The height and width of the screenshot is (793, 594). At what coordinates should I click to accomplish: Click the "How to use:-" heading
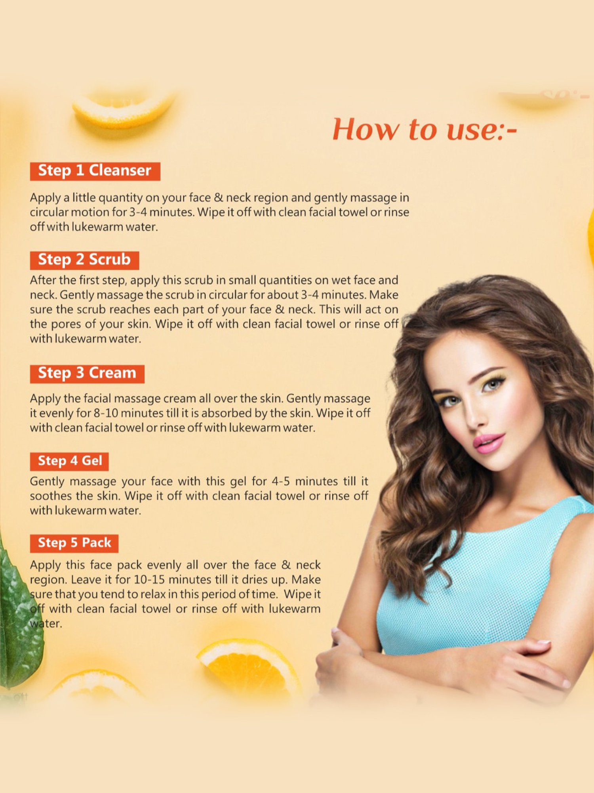click(x=425, y=129)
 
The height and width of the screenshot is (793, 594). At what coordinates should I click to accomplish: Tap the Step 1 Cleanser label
click(x=95, y=171)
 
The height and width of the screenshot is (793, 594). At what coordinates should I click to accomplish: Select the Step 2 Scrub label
click(x=84, y=260)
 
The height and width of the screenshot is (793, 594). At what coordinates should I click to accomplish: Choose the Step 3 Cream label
click(x=87, y=374)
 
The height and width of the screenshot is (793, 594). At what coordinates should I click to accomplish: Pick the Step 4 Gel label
click(x=69, y=461)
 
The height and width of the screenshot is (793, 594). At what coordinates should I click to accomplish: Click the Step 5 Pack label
click(x=74, y=543)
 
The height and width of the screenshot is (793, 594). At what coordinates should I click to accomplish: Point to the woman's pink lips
click(x=489, y=442)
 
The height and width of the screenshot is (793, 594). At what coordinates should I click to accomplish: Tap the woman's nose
click(x=474, y=412)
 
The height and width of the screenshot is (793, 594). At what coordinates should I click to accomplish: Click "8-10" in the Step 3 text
click(x=106, y=413)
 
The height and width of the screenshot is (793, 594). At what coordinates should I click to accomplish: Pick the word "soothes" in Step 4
click(x=51, y=496)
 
